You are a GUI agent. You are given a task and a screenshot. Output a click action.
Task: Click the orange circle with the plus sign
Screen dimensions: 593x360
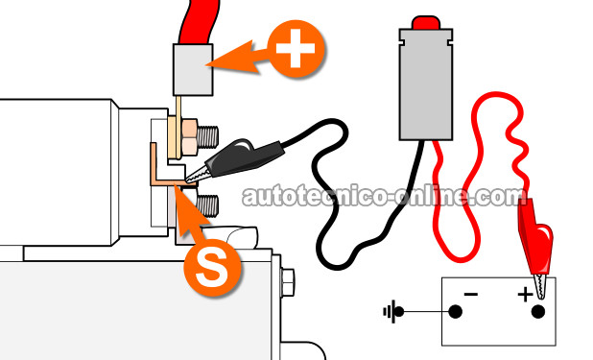(x=296, y=49)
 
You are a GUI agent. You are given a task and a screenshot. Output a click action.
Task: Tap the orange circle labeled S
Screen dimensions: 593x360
(x=212, y=267)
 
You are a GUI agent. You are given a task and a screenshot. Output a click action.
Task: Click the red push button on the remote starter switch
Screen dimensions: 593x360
(x=426, y=23)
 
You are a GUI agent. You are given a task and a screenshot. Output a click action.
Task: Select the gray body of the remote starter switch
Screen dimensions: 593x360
(x=426, y=84)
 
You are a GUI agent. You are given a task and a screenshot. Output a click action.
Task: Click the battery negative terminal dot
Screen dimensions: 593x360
(x=456, y=312)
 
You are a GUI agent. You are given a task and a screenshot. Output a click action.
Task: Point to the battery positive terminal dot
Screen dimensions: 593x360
(x=537, y=312)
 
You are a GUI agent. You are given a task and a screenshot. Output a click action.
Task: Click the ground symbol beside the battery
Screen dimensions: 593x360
(x=393, y=312)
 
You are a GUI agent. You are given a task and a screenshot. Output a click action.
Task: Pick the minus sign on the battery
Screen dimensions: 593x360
(x=471, y=294)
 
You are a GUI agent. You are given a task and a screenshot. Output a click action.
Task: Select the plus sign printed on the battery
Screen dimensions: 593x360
(x=525, y=294)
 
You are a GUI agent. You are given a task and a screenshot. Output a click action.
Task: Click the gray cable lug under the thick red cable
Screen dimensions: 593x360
(x=193, y=70)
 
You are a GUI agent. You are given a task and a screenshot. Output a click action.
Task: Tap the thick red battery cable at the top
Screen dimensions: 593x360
(x=198, y=21)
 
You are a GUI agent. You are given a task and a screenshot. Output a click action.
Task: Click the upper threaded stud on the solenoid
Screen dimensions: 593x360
(x=208, y=137)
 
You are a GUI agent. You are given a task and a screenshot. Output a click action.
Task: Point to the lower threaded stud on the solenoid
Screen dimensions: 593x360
(x=207, y=206)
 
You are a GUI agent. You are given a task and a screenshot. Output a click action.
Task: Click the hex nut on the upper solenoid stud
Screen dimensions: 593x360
(x=189, y=137)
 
